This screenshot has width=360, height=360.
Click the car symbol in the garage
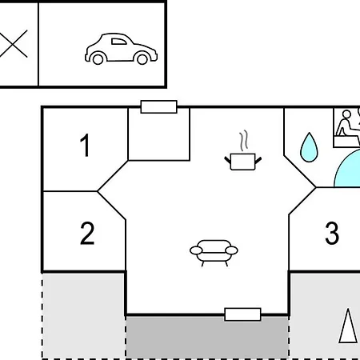tap(121, 49)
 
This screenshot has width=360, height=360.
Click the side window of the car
tap(118, 42)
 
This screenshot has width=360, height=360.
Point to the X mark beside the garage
tap(14, 44)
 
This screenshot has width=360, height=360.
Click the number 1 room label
tap(85, 146)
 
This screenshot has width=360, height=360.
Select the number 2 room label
tap(87, 233)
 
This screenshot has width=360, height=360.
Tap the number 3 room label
tap(332, 233)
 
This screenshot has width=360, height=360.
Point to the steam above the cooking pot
tap(243, 140)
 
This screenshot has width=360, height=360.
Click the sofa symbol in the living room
tap(214, 253)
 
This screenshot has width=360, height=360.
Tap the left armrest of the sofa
tap(196, 250)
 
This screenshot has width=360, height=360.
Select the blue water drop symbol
tap(309, 147)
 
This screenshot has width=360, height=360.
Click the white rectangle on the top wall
tap(158, 106)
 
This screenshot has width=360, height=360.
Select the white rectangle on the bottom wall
tap(242, 314)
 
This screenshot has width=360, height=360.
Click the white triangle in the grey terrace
tap(348, 326)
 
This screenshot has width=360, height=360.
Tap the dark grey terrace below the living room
tap(207, 338)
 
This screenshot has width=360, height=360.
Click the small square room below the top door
tap(159, 134)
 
